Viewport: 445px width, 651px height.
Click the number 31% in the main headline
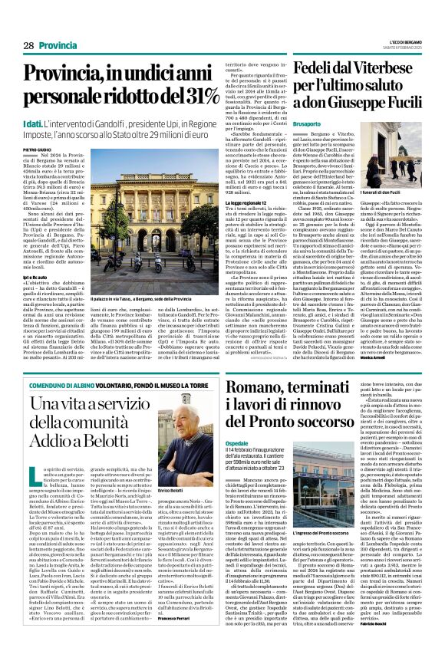click(199, 96)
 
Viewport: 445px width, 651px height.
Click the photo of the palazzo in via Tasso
click(146, 219)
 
